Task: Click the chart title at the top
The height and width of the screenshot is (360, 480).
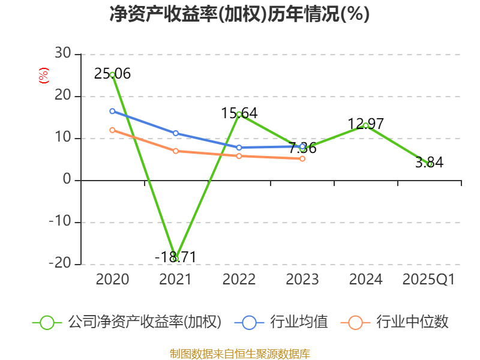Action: pyautogui.click(x=239, y=14)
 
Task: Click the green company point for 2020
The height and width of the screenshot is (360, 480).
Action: pyautogui.click(x=112, y=75)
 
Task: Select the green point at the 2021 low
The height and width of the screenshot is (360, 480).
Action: pyautogui.click(x=175, y=259)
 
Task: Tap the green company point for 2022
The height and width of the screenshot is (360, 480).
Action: pyautogui.click(x=239, y=114)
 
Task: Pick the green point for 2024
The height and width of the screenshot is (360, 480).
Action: pyautogui.click(x=365, y=125)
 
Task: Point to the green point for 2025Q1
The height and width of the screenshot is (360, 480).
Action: pyautogui.click(x=429, y=164)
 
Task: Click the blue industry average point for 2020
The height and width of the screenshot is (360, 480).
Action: pyautogui.click(x=112, y=111)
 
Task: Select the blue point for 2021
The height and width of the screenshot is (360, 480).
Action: pyautogui.click(x=175, y=133)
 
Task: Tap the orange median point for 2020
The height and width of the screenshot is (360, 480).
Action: pyautogui.click(x=112, y=130)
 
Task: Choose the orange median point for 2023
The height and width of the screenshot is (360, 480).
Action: pyautogui.click(x=302, y=158)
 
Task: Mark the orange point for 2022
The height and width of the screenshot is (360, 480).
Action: pyautogui.click(x=239, y=156)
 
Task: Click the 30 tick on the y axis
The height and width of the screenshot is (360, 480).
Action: pyautogui.click(x=62, y=54)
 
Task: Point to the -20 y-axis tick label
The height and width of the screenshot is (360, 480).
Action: pyautogui.click(x=60, y=264)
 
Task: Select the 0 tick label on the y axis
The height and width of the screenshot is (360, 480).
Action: pyautogui.click(x=67, y=180)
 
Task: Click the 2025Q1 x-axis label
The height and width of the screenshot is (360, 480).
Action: pyautogui.click(x=428, y=280)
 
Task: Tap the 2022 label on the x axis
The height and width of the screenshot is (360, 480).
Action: pyautogui.click(x=239, y=280)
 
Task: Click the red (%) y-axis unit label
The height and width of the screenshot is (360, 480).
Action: pyautogui.click(x=43, y=76)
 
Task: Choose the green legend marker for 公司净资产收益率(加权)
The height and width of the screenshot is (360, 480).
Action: pyautogui.click(x=47, y=322)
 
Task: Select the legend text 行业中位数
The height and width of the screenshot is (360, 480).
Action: pyautogui.click(x=412, y=322)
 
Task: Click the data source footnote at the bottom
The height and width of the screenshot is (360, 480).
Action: pyautogui.click(x=239, y=353)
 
